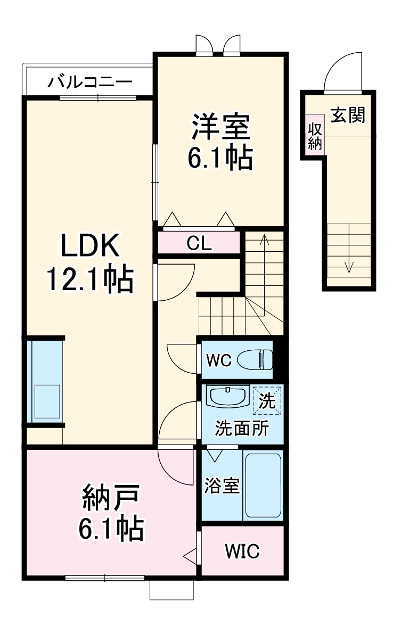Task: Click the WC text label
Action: tap(218, 360)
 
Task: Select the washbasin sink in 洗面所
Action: tap(226, 397)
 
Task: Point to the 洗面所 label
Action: tap(242, 428)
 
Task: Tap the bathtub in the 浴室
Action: tap(263, 485)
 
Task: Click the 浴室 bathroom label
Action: tap(222, 486)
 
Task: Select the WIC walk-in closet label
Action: tap(242, 551)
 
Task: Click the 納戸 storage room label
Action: tap(111, 498)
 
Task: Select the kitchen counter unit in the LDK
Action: tap(45, 381)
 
